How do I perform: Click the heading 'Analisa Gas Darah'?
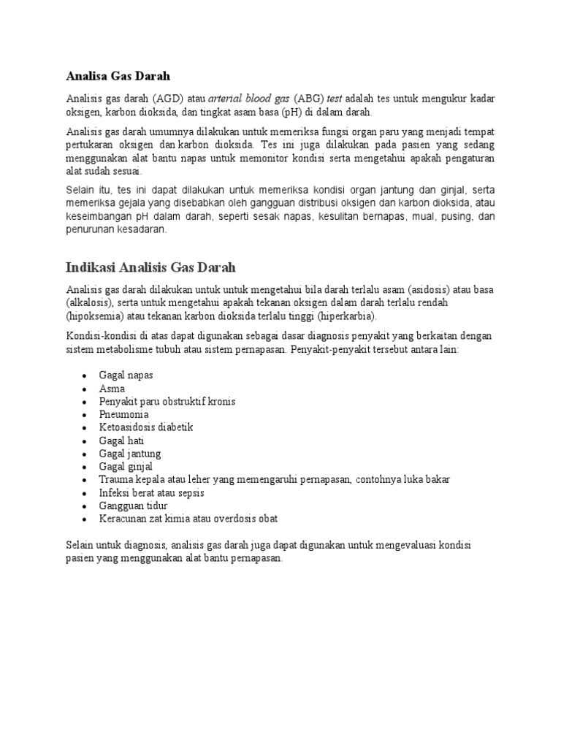[118, 75]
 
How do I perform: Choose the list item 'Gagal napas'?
[126, 375]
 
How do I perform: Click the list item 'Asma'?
[112, 389]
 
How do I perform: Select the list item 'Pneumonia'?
[123, 414]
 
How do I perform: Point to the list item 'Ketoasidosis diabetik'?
[146, 427]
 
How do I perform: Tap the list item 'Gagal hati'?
[121, 440]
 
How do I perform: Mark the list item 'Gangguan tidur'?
[133, 505]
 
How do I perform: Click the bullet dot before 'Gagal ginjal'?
[85, 467]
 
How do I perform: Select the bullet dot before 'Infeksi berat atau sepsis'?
[85, 493]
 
